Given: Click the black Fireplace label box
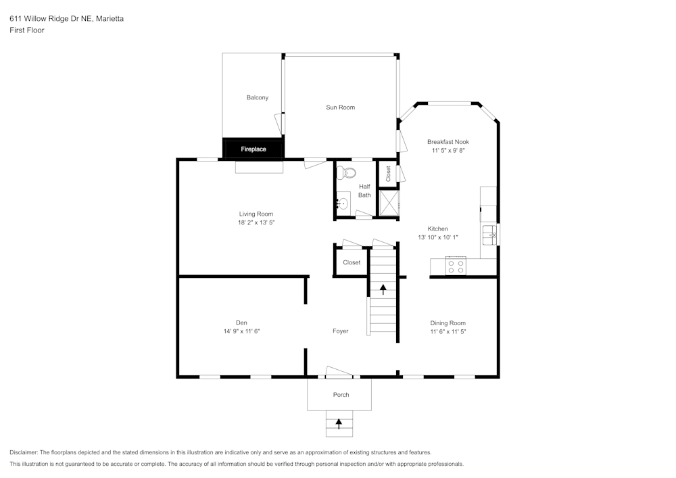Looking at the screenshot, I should coord(254,148).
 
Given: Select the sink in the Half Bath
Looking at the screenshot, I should coord(343,203).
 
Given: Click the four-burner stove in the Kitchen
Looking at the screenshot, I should coord(456,266).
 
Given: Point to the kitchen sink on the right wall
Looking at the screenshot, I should coord(490,235).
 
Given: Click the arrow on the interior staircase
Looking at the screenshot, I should coord(383,289).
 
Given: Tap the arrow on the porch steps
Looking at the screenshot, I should coord(339,423).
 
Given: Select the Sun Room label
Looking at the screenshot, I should coord(340,107).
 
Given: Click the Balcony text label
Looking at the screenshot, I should coord(257,97).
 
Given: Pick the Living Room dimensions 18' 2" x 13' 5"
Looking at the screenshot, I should coord(256,222).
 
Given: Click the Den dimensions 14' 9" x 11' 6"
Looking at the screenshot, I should coord(241,331).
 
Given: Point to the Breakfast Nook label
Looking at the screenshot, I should coord(448,142).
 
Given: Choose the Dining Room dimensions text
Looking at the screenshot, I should coord(448,332).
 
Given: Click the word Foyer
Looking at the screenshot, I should coord(340,331).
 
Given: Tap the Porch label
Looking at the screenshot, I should coord(341,395).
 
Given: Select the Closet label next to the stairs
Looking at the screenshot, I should coord(352,262).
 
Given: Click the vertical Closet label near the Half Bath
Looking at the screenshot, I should coord(388,174).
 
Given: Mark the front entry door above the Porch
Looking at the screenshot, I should coord(339,373).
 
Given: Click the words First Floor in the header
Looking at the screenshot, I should coord(27,30).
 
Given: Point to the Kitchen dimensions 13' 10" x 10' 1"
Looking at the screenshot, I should coord(437,237).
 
